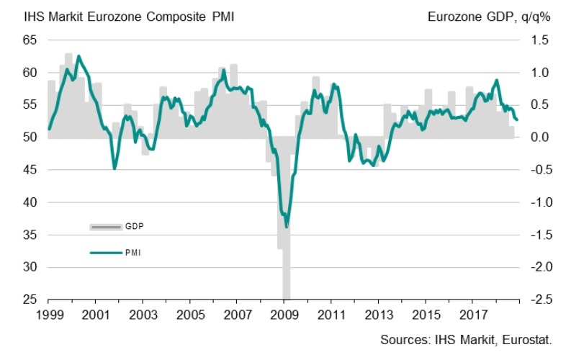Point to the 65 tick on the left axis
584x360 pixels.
coord(29,40)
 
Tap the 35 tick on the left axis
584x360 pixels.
coord(29,235)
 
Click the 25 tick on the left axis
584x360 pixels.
coord(29,300)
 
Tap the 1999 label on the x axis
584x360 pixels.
coord(48,315)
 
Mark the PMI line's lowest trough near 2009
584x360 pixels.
coord(287,227)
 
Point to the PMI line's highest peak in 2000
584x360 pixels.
coord(78,56)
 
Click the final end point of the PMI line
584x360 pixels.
coord(517,120)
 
